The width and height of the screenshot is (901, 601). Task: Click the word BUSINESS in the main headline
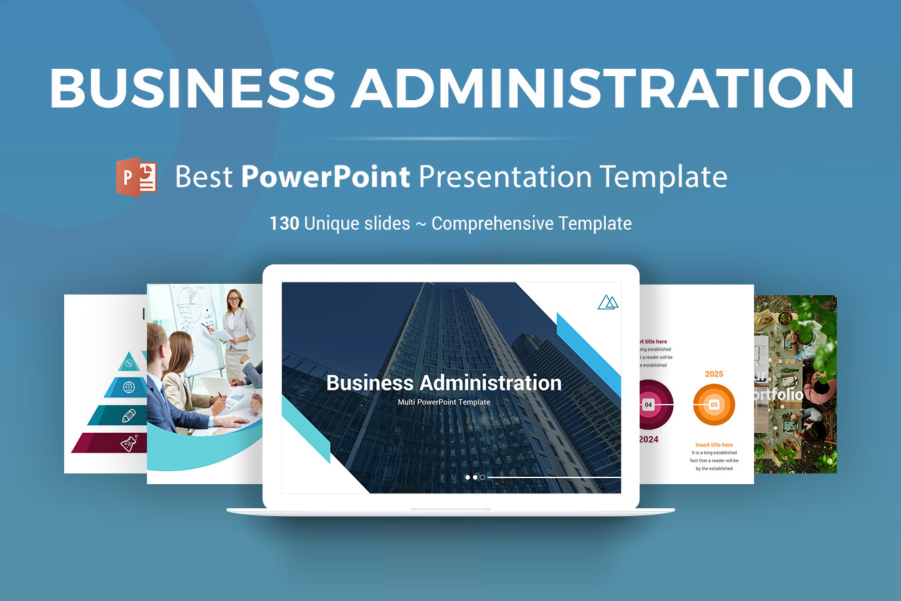[192, 88]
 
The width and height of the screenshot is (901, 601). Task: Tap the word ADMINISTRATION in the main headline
[602, 88]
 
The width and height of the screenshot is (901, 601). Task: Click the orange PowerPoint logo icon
[137, 177]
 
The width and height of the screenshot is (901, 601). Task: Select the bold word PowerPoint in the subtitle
[325, 177]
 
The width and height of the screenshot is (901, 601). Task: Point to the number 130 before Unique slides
[284, 223]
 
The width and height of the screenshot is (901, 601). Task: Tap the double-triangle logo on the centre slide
[608, 303]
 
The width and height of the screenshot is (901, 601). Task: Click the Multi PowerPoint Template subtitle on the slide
[443, 402]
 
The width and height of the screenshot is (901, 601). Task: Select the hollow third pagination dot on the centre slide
[482, 477]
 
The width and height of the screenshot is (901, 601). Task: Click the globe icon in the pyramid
[129, 387]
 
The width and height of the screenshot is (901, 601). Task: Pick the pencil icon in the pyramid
[129, 415]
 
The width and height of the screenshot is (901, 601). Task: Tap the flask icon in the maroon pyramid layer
[129, 443]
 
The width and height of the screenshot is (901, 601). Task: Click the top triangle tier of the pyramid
[129, 363]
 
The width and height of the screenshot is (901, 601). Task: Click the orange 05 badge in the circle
[714, 405]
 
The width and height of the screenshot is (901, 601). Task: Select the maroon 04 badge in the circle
[648, 405]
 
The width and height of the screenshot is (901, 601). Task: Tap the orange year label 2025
[714, 374]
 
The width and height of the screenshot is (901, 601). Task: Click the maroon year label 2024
[648, 439]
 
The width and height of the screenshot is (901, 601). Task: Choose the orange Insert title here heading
[714, 445]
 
